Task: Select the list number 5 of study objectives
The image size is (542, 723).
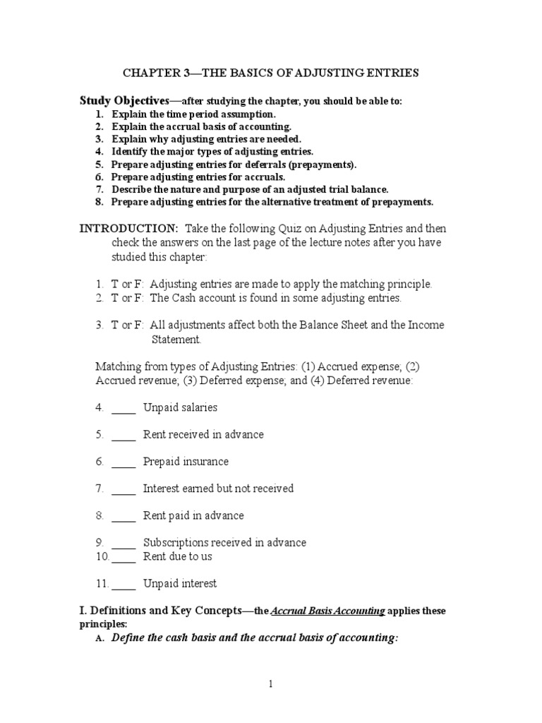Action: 100,165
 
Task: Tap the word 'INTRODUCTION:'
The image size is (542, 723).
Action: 128,229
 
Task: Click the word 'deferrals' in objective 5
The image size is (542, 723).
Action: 275,165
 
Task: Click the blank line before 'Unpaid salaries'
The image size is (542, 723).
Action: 124,408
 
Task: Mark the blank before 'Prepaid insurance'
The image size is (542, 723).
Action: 124,462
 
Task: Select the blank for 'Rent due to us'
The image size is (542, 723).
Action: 124,556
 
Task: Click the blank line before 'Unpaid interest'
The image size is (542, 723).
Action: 124,584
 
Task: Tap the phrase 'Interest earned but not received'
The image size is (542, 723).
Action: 218,489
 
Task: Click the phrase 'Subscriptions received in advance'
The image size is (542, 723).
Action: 224,543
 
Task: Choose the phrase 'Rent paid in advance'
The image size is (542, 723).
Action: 193,515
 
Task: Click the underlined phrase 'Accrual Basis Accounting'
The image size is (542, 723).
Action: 327,611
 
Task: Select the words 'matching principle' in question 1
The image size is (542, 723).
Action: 387,284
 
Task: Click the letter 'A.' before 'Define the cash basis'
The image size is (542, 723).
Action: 100,638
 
